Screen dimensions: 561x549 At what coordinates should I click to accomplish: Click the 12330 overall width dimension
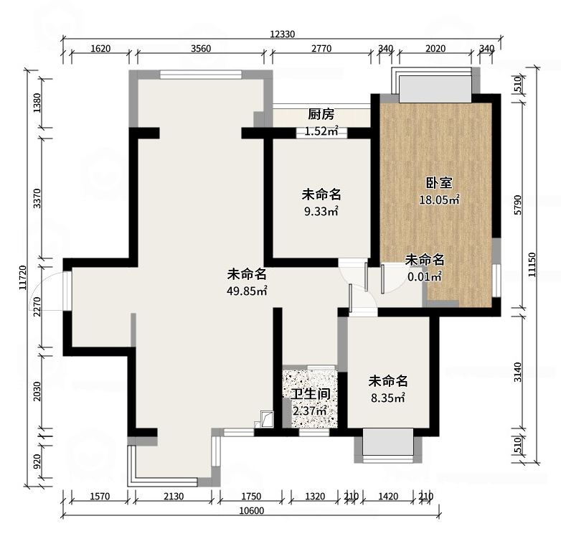point(282,34)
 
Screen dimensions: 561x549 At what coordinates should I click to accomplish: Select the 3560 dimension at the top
point(201,48)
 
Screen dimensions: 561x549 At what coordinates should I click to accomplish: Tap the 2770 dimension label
point(321,48)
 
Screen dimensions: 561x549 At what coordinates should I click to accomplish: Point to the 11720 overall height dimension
point(23,277)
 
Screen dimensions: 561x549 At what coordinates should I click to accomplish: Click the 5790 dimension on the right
point(518,205)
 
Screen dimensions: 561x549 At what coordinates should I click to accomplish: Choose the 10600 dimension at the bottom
point(252,511)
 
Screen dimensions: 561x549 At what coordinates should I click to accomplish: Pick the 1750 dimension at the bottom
point(251,497)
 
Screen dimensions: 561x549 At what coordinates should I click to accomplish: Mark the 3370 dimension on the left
point(37,199)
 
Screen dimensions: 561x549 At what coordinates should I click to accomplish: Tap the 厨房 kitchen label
point(321,114)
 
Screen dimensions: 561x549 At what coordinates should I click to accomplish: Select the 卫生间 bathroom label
point(310,394)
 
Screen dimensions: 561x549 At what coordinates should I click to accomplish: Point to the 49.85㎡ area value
point(247,291)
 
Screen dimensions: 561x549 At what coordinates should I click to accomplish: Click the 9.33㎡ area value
point(321,212)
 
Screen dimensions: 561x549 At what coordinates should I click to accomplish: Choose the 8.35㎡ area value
point(388,398)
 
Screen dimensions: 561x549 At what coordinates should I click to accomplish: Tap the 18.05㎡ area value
point(439,200)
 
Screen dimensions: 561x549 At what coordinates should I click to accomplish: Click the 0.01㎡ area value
point(425,276)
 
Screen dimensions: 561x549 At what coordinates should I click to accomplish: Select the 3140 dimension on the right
point(518,372)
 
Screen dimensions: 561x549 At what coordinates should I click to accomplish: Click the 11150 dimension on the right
point(532,265)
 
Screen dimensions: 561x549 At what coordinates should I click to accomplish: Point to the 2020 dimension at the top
point(435,48)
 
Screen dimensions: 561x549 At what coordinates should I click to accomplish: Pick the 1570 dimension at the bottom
point(100,497)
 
